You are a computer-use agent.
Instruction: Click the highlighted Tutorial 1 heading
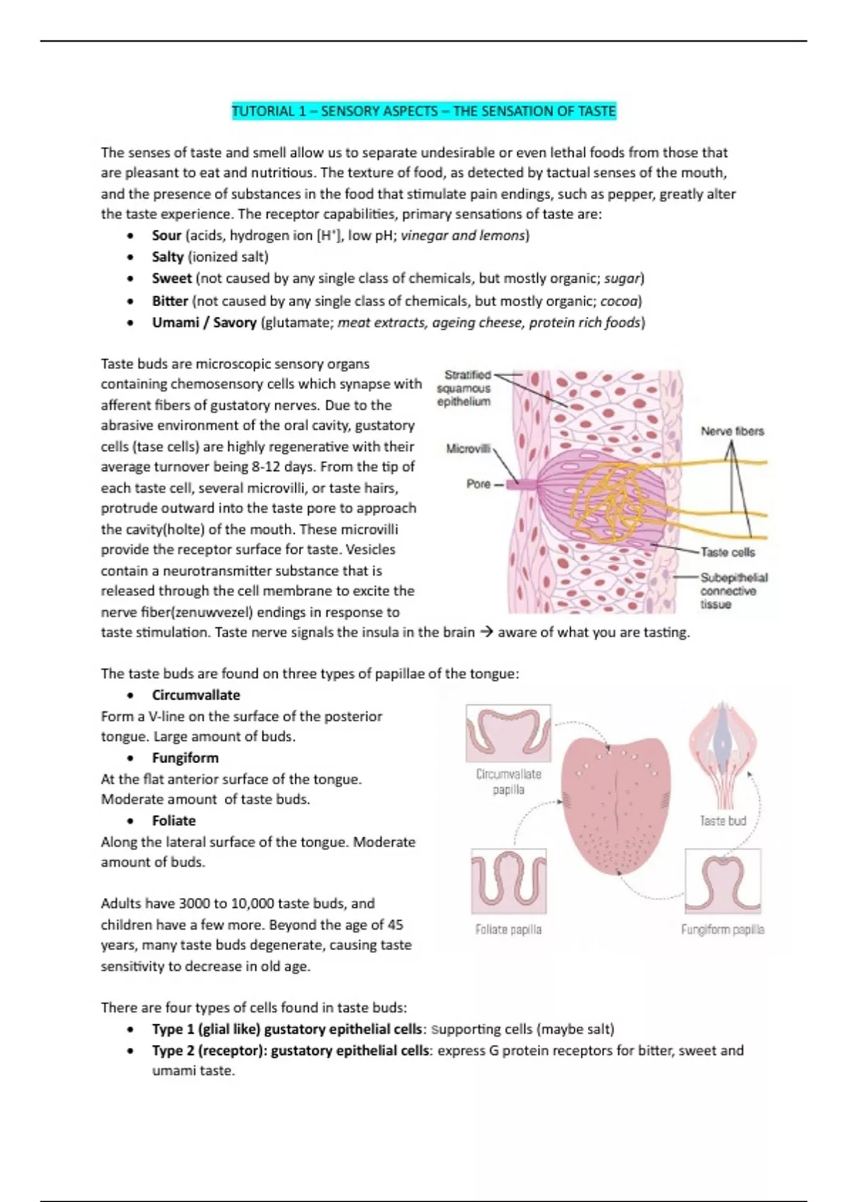click(424, 111)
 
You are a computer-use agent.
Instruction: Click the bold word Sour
click(166, 235)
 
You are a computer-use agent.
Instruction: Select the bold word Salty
click(167, 257)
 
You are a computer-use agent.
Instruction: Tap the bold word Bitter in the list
click(170, 300)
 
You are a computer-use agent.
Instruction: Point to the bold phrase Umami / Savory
click(204, 322)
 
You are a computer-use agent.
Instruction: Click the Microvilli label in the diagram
click(468, 448)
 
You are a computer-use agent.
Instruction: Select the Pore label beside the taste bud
click(478, 484)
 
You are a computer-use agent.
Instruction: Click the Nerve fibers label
click(732, 431)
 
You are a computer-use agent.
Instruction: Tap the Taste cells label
click(727, 552)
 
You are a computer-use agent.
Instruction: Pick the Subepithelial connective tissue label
click(733, 590)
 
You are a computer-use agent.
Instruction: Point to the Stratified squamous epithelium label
click(464, 388)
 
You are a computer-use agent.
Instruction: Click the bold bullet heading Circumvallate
click(196, 695)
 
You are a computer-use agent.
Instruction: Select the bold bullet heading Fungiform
click(185, 758)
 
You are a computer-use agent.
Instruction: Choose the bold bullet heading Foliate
click(174, 820)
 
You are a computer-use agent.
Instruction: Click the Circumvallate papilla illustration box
click(508, 733)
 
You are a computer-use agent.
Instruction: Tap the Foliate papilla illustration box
click(509, 881)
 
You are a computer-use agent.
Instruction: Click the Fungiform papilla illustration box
click(722, 881)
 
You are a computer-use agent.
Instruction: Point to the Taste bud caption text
click(722, 821)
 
